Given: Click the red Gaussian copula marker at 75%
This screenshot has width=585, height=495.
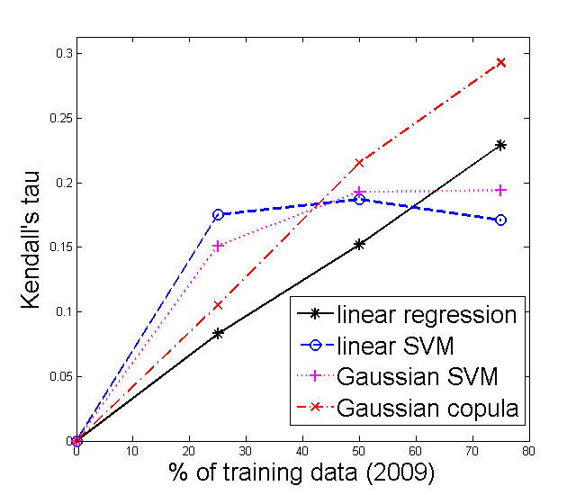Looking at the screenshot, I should [500, 62].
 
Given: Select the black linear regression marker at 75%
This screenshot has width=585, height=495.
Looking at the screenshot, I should [500, 145].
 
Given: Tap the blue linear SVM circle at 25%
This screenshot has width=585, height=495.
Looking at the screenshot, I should [218, 214].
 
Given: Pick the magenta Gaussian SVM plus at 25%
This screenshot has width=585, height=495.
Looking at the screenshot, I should [218, 246].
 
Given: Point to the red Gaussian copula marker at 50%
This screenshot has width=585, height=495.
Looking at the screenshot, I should [359, 163].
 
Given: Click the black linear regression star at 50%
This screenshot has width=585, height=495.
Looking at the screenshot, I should [359, 244].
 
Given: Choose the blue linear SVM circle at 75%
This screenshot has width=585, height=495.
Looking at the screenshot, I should [500, 220].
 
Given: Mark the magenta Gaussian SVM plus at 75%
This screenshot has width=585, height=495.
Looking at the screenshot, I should [500, 190].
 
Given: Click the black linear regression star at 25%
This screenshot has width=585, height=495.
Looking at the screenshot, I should [218, 333].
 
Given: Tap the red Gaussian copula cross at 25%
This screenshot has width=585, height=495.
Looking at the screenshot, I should [218, 305].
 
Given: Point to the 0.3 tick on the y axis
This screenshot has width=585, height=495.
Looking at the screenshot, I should [64, 54].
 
